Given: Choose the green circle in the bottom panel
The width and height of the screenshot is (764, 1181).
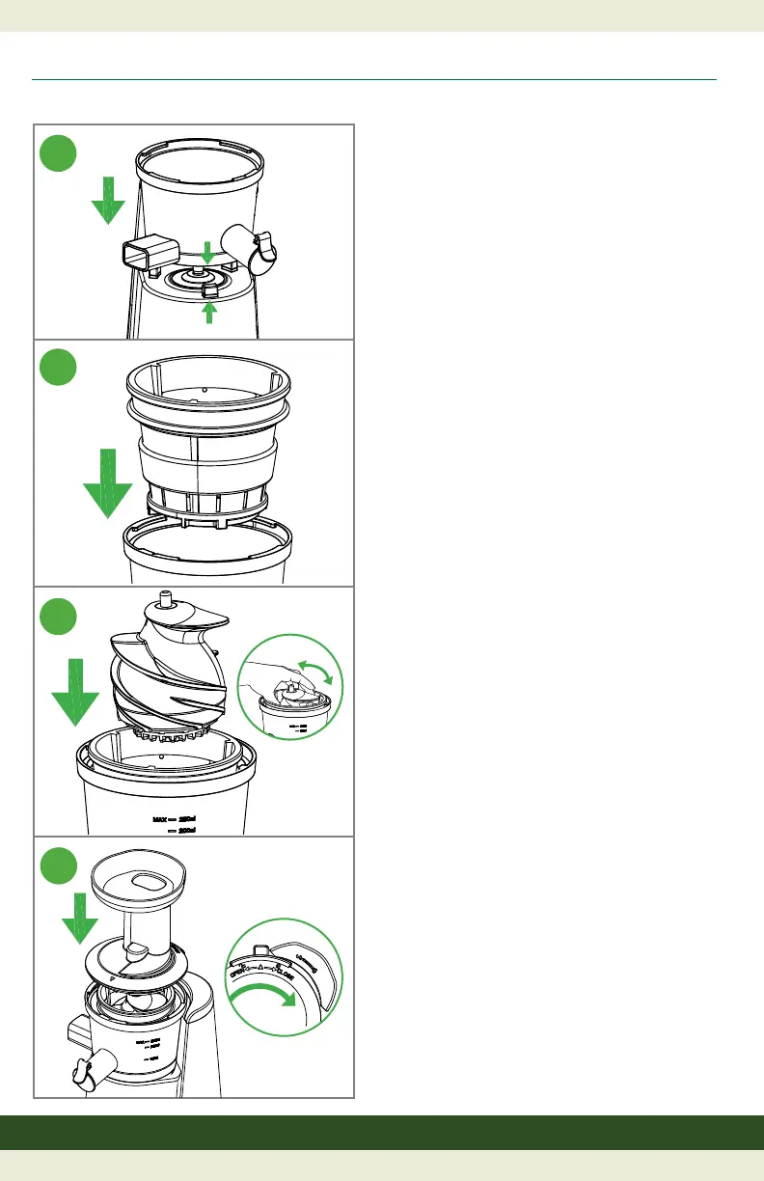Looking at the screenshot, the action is (x=59, y=865).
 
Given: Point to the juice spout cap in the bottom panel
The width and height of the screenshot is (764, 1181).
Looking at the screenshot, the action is (x=86, y=1070).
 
